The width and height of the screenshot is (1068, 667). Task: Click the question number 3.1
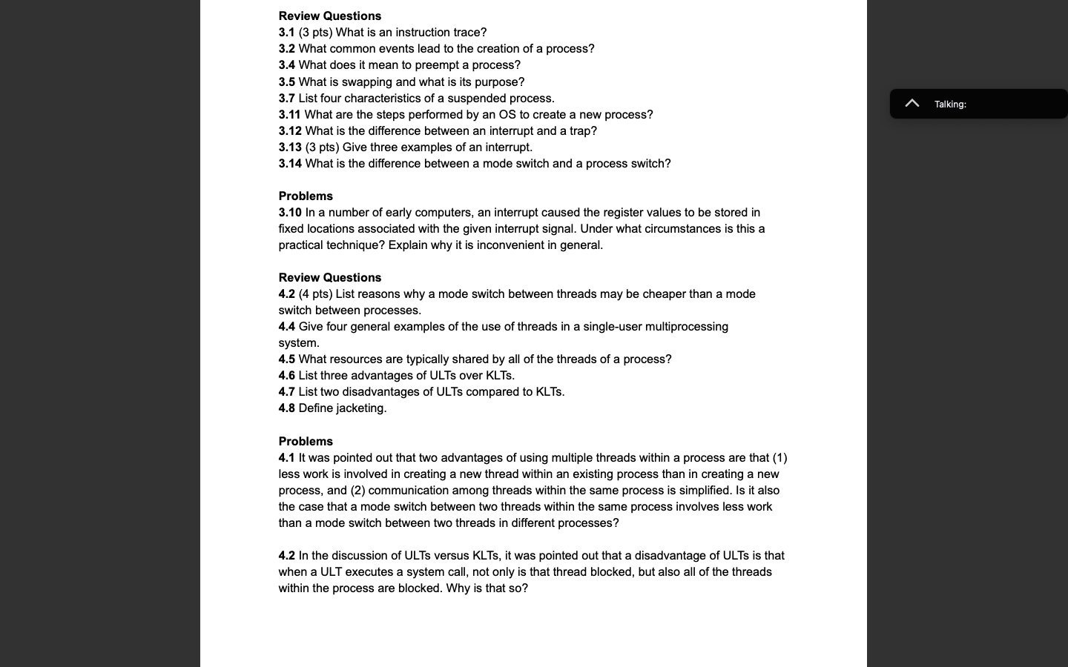point(286,33)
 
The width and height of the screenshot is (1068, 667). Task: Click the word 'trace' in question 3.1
point(467,33)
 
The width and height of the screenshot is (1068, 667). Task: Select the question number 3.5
point(286,82)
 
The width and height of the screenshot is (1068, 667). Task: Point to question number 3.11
point(289,115)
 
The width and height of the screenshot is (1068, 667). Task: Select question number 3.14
point(289,164)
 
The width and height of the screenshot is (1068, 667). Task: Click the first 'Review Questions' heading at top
point(329,16)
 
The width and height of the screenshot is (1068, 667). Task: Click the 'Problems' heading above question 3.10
point(306,196)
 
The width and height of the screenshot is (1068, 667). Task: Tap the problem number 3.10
point(289,213)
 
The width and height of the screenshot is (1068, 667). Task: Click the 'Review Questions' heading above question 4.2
point(329,278)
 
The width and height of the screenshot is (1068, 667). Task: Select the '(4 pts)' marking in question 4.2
point(315,294)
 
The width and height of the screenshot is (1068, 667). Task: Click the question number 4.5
point(286,359)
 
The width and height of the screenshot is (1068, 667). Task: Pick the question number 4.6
point(286,376)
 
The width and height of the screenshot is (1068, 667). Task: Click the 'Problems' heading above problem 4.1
point(306,442)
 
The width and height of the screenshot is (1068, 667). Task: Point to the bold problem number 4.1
point(286,458)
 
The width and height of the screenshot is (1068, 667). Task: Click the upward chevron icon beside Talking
point(912,104)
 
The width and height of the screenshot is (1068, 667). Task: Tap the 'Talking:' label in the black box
point(950,104)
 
